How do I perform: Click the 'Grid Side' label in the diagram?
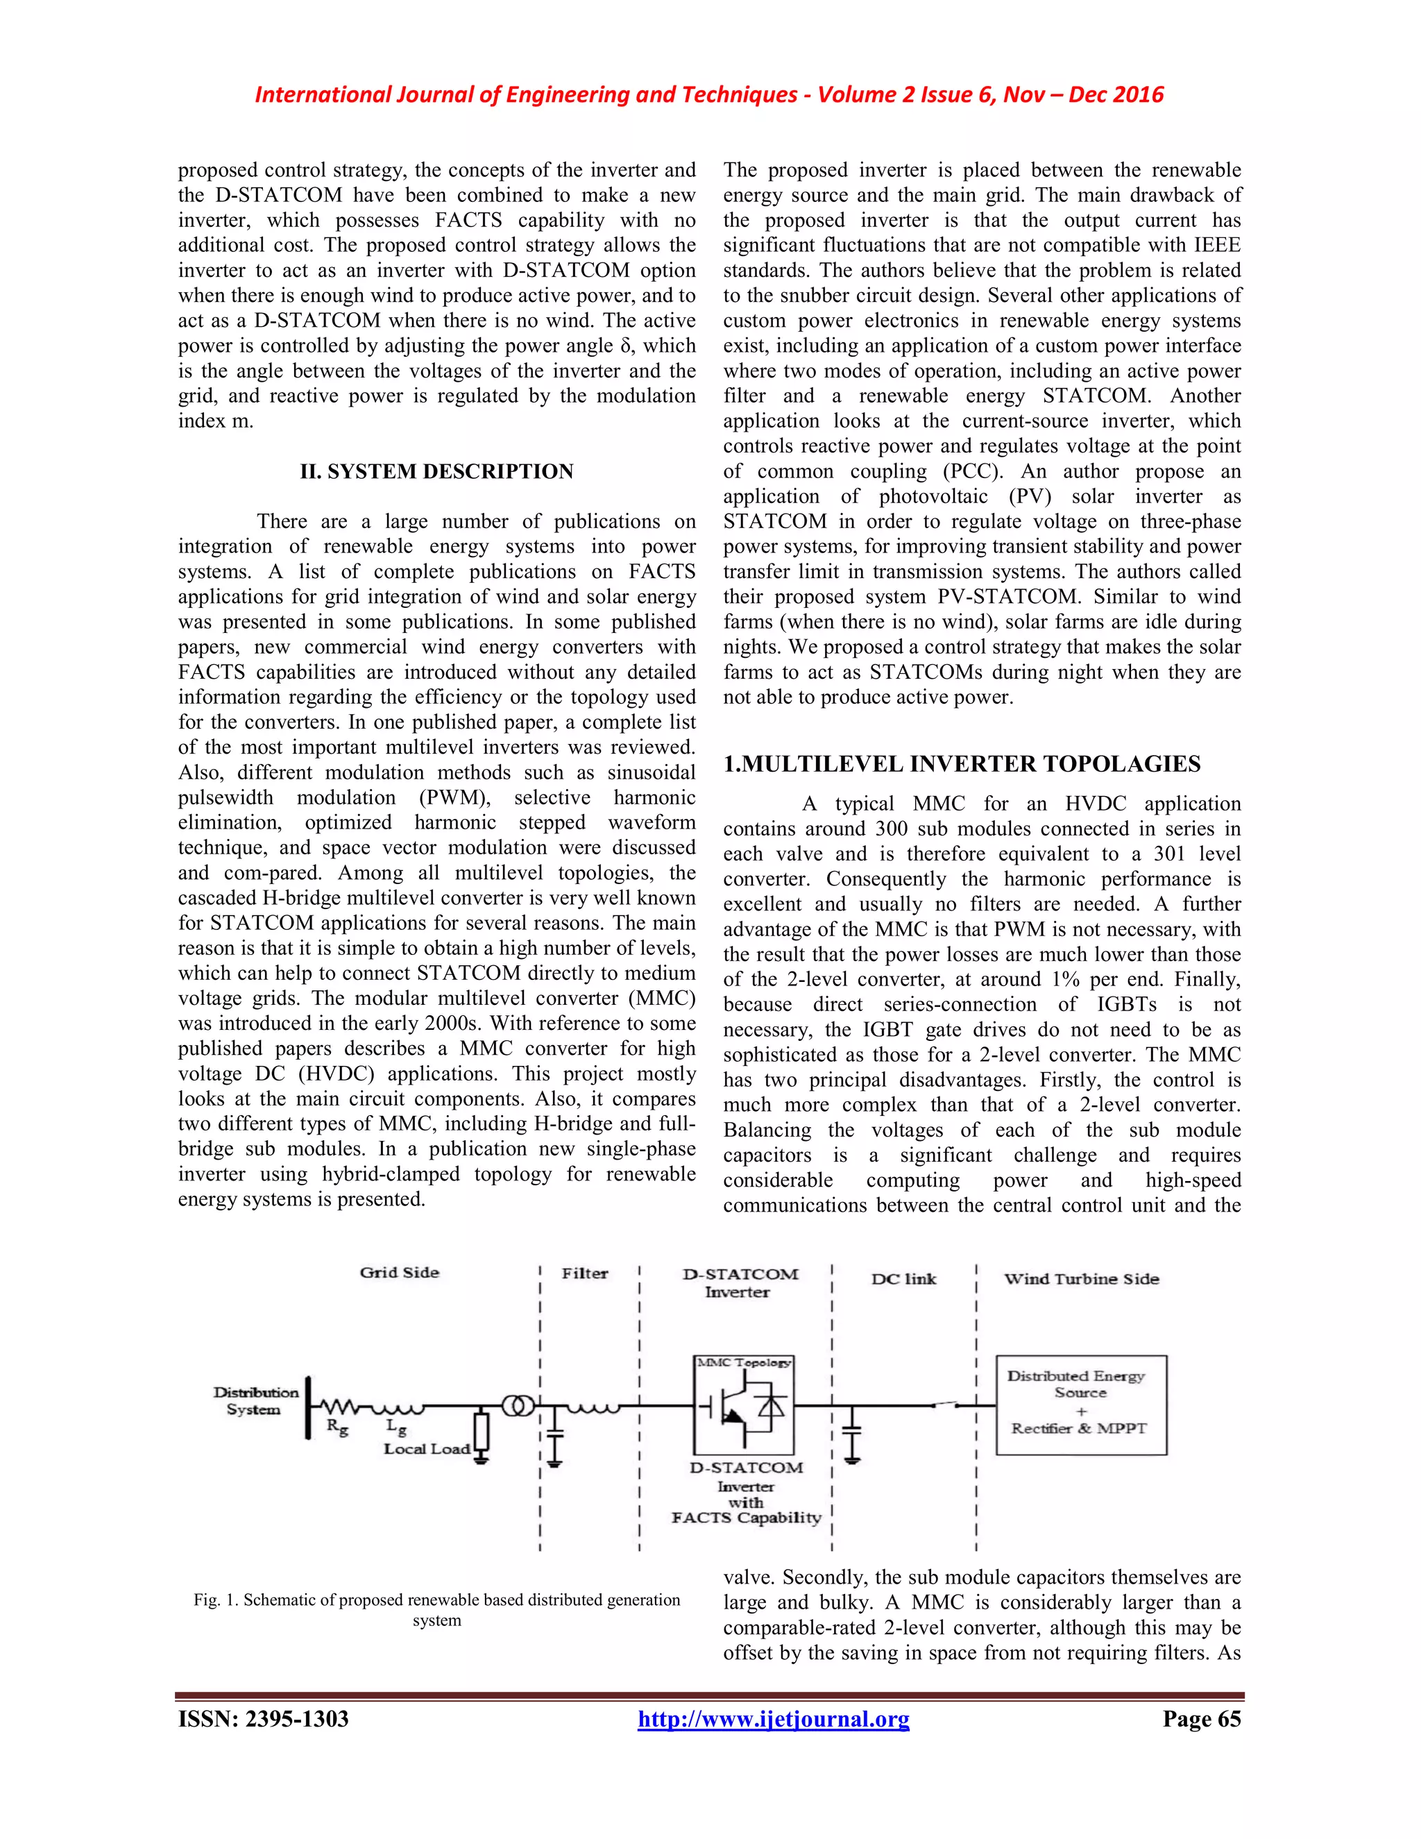(399, 1272)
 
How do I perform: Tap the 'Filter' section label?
(584, 1273)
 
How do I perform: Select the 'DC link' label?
(903, 1279)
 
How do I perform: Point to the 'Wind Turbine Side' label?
(1081, 1279)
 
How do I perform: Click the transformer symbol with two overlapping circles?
(518, 1405)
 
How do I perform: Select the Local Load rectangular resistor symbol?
(482, 1431)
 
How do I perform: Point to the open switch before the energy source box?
(946, 1404)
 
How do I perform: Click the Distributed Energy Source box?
(1081, 1405)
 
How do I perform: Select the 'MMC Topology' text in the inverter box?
(742, 1362)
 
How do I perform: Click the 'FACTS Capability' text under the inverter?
(746, 1517)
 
